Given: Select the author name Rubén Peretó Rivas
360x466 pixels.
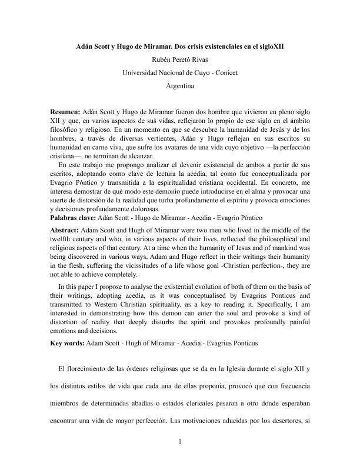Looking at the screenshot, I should coord(180,59).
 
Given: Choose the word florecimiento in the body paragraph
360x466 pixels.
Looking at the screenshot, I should coord(92,368).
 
